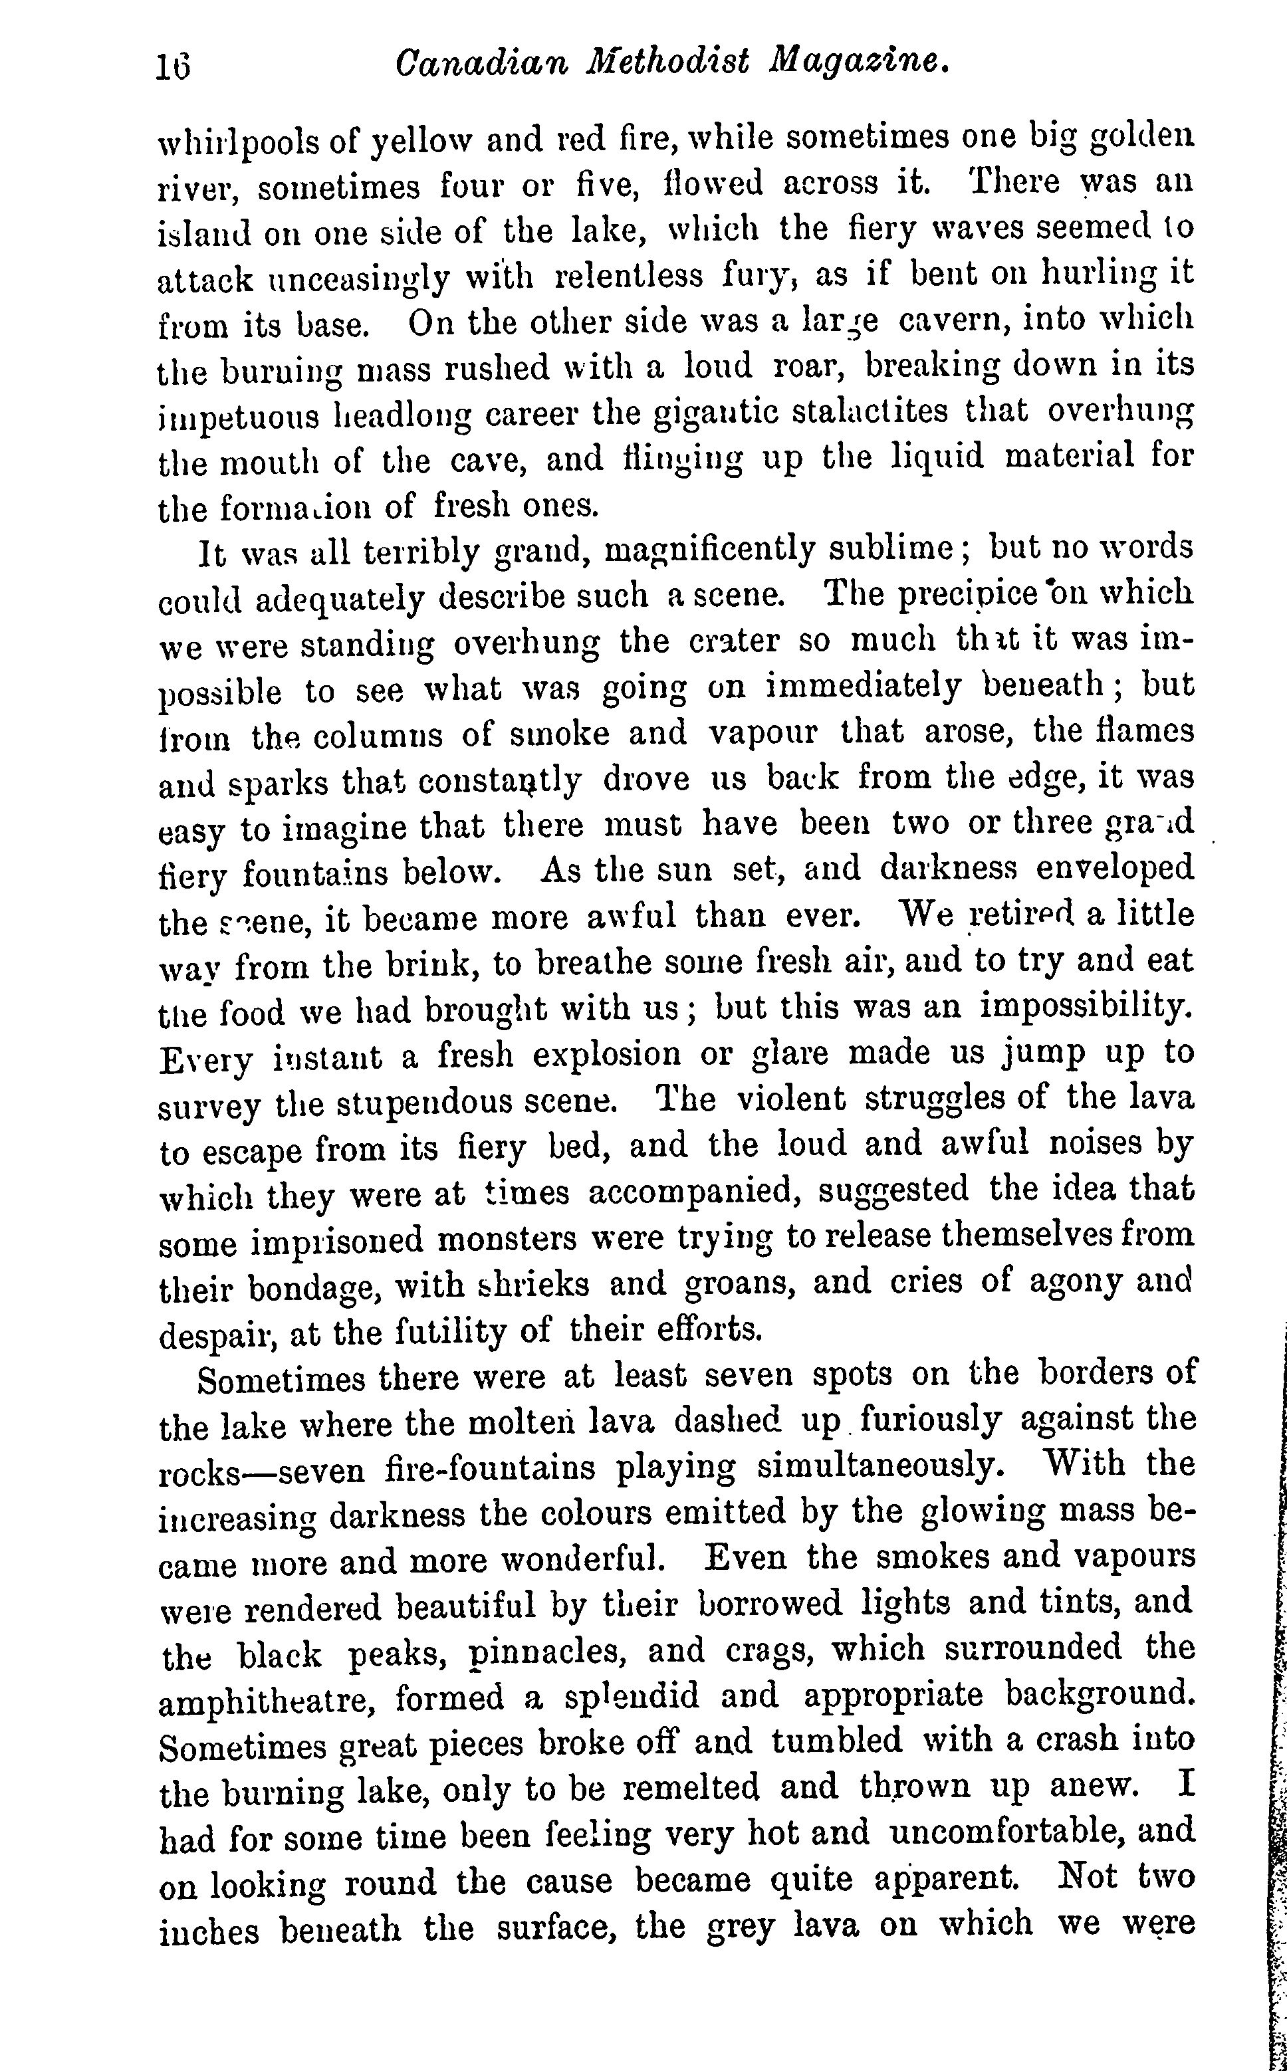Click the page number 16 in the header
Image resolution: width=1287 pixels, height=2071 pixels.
point(174,66)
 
